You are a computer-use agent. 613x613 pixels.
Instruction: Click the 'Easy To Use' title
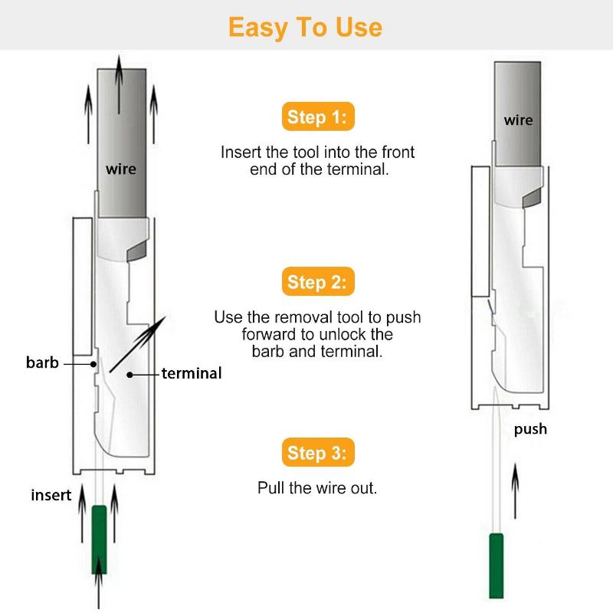point(305,27)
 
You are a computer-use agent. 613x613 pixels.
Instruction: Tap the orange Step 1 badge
point(317,118)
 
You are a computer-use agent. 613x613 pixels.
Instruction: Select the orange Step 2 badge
point(317,282)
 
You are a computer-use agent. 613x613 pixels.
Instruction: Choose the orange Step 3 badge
point(317,453)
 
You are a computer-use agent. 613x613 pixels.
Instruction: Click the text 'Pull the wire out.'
point(317,488)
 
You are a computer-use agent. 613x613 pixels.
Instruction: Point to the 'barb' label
point(42,362)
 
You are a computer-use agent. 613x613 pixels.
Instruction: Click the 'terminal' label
point(191,374)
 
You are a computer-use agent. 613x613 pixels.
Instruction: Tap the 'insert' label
point(51,495)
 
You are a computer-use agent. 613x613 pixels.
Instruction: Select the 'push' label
point(530,429)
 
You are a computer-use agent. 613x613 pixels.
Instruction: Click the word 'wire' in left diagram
point(121,169)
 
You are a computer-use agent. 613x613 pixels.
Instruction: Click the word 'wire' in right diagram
point(518,120)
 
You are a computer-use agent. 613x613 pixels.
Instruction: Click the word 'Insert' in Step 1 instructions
point(241,152)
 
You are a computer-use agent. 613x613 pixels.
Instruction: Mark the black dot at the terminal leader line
point(130,374)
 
